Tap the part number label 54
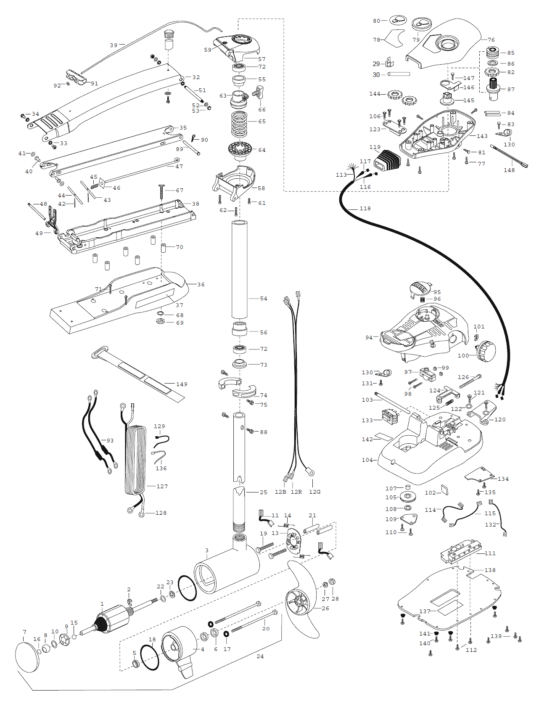(264, 299)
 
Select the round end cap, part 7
(27, 657)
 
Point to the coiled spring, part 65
(239, 124)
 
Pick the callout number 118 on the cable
(365, 209)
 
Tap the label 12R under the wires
(296, 492)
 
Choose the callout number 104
(367, 460)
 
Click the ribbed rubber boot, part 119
(386, 160)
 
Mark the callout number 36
(201, 285)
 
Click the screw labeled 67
(161, 192)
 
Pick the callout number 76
(491, 40)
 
